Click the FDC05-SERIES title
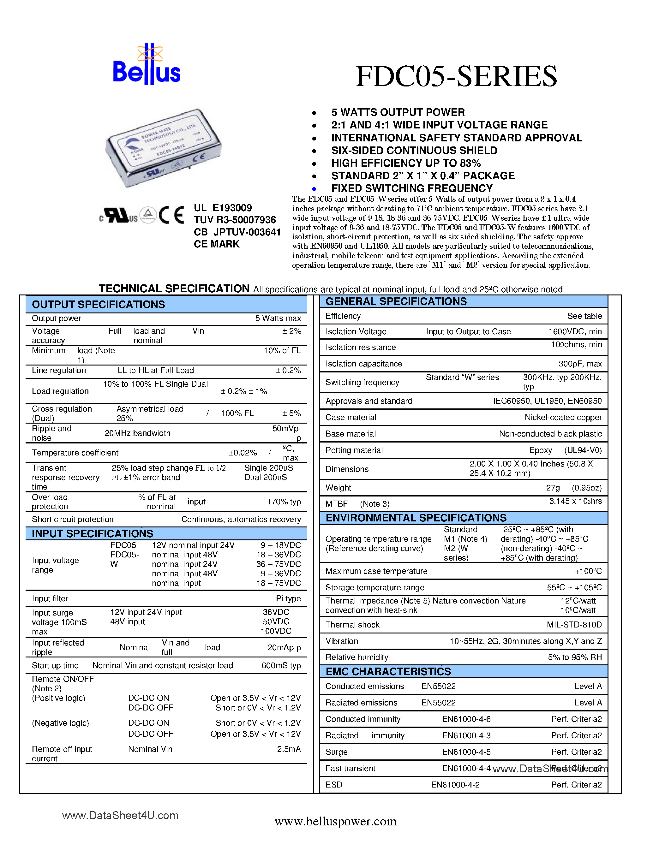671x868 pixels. click(456, 76)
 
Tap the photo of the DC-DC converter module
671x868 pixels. click(163, 147)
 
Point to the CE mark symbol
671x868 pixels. click(171, 215)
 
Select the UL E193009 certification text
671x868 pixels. click(223, 208)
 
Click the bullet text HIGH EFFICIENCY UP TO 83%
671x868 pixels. click(406, 163)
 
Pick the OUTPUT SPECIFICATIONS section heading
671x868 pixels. click(98, 305)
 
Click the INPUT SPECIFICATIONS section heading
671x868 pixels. click(92, 533)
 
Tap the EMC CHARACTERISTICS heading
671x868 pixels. click(388, 672)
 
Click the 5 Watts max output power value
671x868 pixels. click(278, 318)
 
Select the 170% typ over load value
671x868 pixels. click(284, 502)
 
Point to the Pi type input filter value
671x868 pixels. click(288, 598)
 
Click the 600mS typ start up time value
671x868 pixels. click(281, 665)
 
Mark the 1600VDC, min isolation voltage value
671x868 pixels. click(575, 331)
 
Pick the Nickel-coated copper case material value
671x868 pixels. click(563, 417)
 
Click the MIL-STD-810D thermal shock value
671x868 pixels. click(574, 625)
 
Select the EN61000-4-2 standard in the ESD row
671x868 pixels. click(455, 785)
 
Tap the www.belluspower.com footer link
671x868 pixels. click(335, 821)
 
